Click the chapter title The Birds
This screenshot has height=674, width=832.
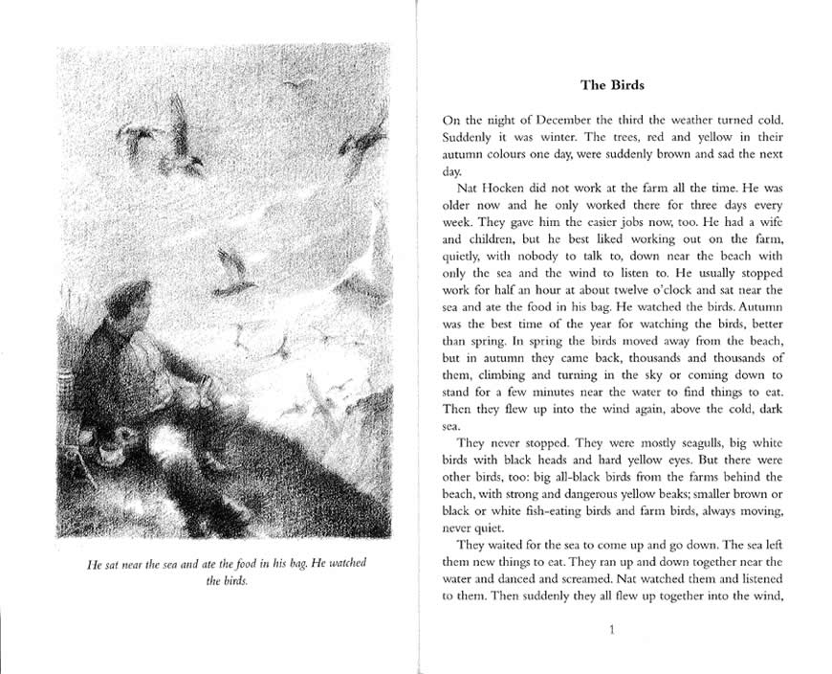[x=613, y=85]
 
